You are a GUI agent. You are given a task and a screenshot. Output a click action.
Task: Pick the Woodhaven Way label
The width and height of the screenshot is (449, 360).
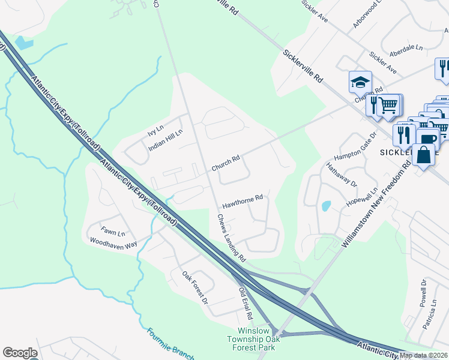click(x=113, y=242)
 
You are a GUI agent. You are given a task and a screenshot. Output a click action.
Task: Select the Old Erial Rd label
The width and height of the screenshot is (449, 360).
click(x=246, y=303)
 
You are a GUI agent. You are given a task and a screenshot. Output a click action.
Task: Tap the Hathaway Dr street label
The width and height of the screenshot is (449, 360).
click(x=341, y=175)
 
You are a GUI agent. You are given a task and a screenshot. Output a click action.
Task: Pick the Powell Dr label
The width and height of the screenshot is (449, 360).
click(x=424, y=291)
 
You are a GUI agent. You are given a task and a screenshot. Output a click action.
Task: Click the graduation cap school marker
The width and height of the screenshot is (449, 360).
click(x=360, y=82)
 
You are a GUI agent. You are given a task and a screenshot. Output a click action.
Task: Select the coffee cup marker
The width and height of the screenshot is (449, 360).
click(x=428, y=138)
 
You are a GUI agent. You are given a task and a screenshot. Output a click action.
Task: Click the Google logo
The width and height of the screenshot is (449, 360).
click(x=20, y=353)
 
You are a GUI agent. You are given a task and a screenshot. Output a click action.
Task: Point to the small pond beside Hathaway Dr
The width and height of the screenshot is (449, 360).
click(x=325, y=206)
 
